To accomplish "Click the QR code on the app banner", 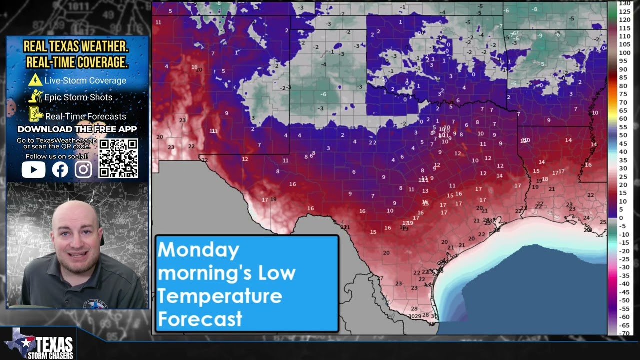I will point(118,158).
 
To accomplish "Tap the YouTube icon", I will point(33,170).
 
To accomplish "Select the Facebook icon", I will point(60,170).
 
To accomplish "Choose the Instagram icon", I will point(83,170).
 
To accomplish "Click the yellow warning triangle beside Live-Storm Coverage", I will point(35,80).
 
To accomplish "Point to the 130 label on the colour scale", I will point(624,3).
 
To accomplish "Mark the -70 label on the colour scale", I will point(624,333).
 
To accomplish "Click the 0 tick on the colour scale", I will point(621,218).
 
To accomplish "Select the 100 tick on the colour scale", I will point(624,53).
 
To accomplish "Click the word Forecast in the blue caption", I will point(200,319).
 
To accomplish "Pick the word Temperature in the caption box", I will point(219,296).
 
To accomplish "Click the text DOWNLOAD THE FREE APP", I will point(77,129).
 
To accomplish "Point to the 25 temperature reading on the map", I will point(603,222).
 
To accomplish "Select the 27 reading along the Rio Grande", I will point(380,278).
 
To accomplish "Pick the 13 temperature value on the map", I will point(425,191).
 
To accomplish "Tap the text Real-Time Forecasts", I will point(85,116).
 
